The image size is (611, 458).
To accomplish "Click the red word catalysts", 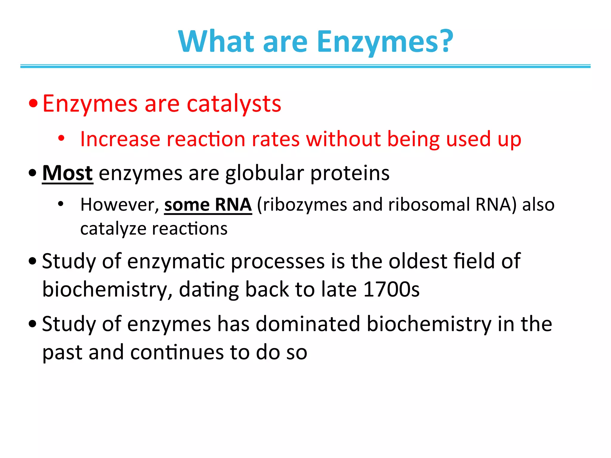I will pos(234,104).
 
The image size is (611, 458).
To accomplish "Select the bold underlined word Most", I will pos(67,173).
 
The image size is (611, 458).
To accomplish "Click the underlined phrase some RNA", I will pos(208,205).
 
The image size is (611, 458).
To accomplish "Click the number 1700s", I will pos(391,289).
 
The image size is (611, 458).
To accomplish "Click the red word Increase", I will pos(120,139).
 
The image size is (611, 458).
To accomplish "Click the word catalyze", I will pos(113,229).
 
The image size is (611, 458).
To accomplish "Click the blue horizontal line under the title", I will pos(305,66).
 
